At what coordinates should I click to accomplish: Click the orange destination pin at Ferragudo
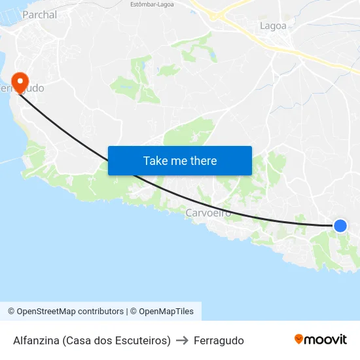click(x=20, y=82)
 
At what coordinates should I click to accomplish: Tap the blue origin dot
click(x=340, y=226)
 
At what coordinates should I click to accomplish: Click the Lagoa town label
click(x=273, y=26)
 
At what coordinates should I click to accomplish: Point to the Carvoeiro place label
click(x=208, y=213)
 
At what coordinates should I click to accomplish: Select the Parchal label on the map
click(x=39, y=14)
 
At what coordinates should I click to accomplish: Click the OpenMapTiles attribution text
click(x=166, y=312)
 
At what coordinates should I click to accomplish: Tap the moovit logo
click(x=320, y=339)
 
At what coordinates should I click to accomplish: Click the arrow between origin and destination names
click(x=182, y=340)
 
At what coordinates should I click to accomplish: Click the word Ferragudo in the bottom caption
click(x=219, y=340)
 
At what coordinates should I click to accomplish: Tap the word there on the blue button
click(x=202, y=161)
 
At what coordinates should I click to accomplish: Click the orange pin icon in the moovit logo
click(x=299, y=339)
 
